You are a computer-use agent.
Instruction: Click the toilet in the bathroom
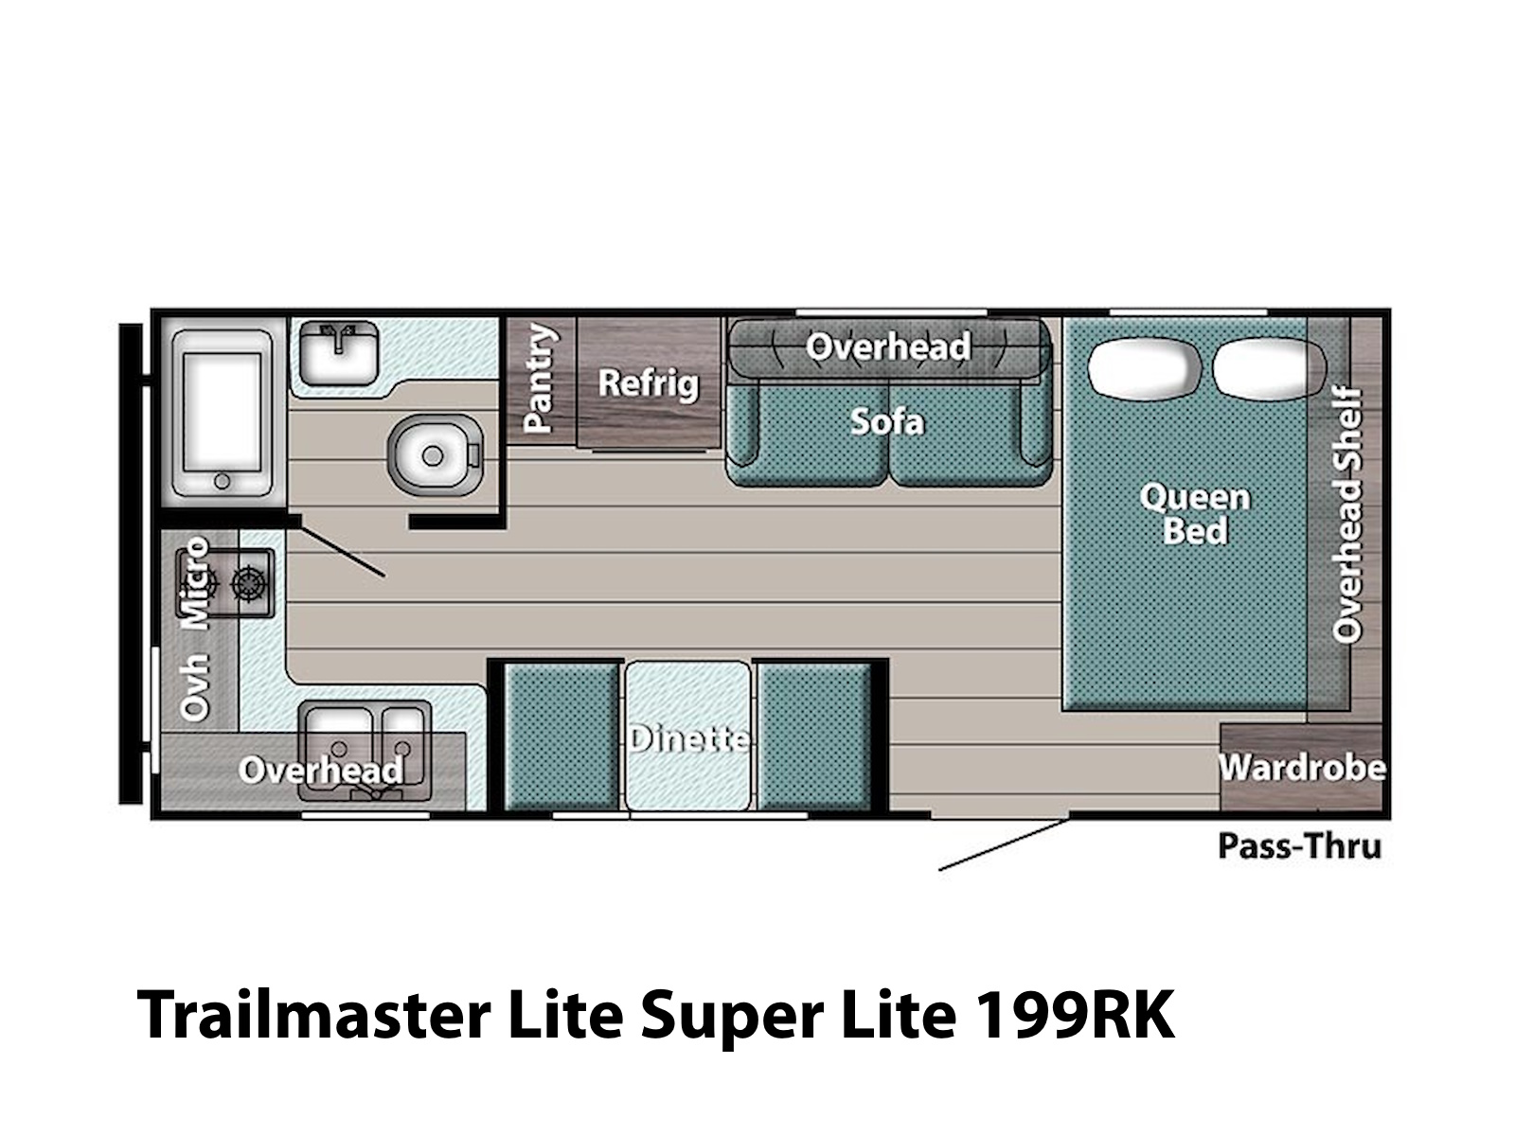(x=435, y=454)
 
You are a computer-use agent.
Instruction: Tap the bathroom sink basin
(x=339, y=353)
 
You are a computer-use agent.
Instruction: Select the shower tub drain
(x=223, y=480)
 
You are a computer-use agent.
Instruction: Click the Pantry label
(x=539, y=378)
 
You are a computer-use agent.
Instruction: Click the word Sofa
(x=887, y=421)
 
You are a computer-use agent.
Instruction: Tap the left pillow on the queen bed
(x=1144, y=367)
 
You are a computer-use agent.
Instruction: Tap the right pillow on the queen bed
(x=1269, y=367)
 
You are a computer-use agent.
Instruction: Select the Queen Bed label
(x=1195, y=515)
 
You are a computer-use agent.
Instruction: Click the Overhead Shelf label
(x=1346, y=515)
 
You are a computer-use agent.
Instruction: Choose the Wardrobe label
(x=1302, y=768)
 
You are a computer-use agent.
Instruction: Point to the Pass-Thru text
(x=1300, y=846)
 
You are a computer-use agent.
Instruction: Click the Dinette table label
(x=688, y=738)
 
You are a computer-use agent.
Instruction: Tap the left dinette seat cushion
(x=561, y=736)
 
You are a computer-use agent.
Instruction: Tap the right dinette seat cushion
(x=814, y=736)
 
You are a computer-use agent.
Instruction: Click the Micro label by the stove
(x=193, y=583)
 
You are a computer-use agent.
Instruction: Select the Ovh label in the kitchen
(x=193, y=687)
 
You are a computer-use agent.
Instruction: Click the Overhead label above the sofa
(x=888, y=346)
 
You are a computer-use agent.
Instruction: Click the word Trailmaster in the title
(x=314, y=1015)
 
